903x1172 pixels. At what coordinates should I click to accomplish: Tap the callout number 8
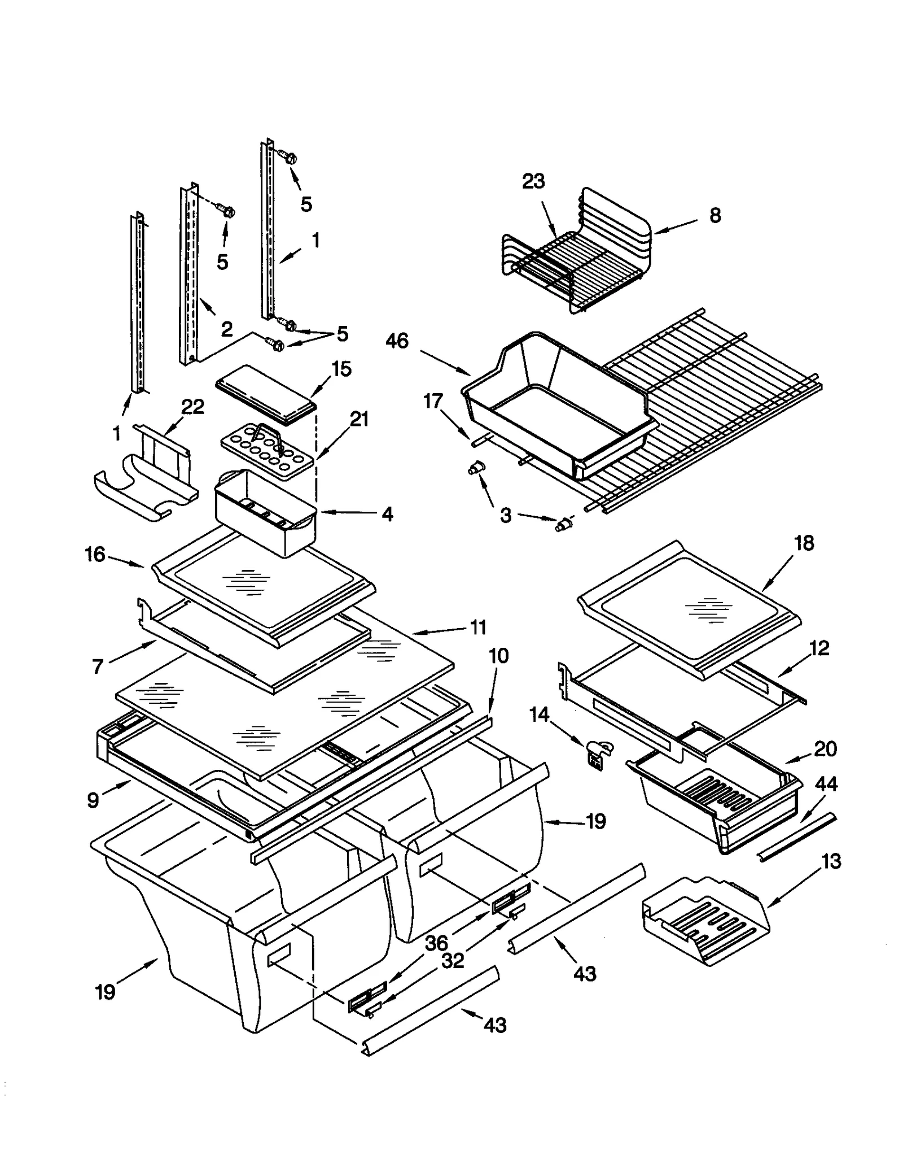pyautogui.click(x=715, y=215)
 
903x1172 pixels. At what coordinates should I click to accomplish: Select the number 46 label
pyautogui.click(x=397, y=341)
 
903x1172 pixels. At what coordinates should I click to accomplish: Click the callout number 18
pyautogui.click(x=804, y=543)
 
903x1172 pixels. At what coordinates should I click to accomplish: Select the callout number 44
pyautogui.click(x=826, y=785)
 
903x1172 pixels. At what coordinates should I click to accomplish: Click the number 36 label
pyautogui.click(x=436, y=942)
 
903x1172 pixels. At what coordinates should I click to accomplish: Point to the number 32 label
pyautogui.click(x=452, y=961)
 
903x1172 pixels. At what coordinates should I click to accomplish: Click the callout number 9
pyautogui.click(x=93, y=800)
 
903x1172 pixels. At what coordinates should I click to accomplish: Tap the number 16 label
pyautogui.click(x=95, y=555)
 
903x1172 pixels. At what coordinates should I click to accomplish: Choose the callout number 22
pyautogui.click(x=192, y=407)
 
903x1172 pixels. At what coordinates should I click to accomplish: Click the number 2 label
pyautogui.click(x=226, y=329)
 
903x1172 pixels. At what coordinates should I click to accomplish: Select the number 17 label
pyautogui.click(x=433, y=401)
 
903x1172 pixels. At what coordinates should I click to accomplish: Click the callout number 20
pyautogui.click(x=825, y=749)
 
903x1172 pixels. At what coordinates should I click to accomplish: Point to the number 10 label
pyautogui.click(x=498, y=656)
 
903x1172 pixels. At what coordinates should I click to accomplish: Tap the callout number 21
pyautogui.click(x=359, y=419)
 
